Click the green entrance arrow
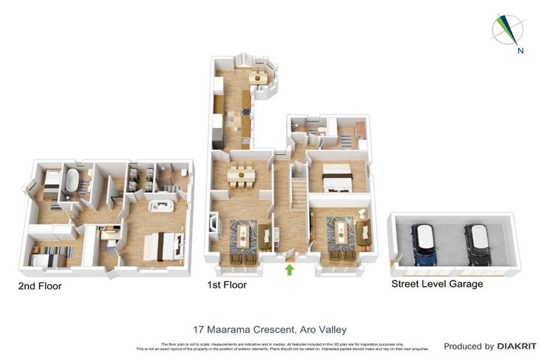[289, 269]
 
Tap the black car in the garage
[477, 245]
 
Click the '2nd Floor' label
[41, 286]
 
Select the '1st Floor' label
[226, 286]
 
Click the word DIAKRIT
[517, 346]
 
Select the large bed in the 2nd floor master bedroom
[164, 246]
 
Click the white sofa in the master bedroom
[160, 206]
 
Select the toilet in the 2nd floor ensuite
[182, 172]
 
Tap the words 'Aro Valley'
[323, 329]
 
